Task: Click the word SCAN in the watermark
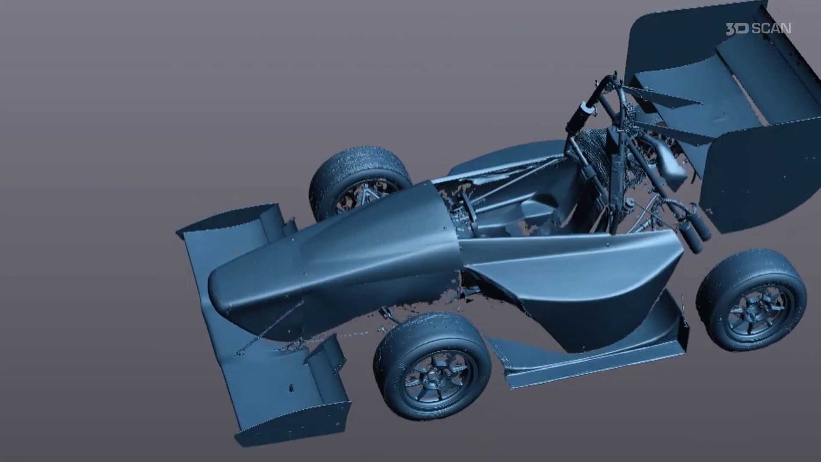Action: [x=771, y=29]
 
